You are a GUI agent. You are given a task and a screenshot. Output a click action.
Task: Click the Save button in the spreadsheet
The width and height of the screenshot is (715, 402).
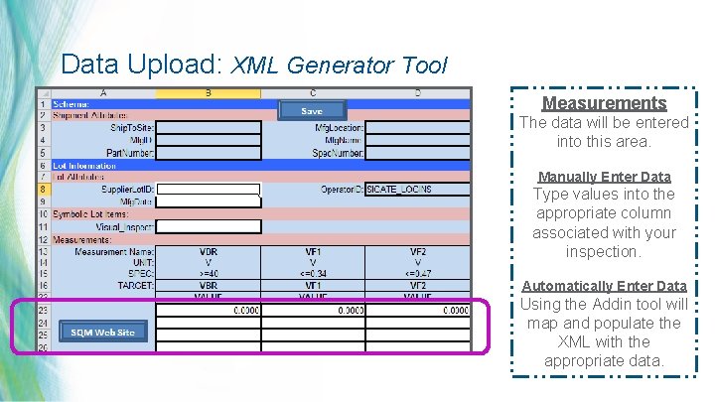(x=312, y=111)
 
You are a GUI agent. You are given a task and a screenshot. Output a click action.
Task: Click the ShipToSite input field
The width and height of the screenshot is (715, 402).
(x=209, y=127)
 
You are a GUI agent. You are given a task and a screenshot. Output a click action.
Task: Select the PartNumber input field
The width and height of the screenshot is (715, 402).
(x=209, y=153)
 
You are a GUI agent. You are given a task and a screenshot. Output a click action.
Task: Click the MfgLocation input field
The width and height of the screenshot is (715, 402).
(x=417, y=127)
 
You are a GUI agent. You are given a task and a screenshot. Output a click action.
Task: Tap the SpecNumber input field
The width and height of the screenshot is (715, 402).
(x=417, y=153)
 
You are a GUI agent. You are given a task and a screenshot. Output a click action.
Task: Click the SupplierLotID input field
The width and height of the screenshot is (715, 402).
(x=209, y=189)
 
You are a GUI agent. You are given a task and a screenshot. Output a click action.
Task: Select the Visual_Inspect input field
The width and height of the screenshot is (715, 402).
(x=209, y=226)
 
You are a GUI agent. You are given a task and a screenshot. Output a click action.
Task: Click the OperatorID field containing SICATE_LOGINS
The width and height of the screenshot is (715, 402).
(x=417, y=189)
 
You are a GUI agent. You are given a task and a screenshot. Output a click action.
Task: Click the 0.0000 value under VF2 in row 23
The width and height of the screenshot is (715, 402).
(x=418, y=312)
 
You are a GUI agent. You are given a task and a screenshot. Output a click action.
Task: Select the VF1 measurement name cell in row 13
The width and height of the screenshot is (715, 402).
(x=313, y=252)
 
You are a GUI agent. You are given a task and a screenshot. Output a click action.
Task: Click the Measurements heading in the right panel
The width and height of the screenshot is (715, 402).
(x=604, y=103)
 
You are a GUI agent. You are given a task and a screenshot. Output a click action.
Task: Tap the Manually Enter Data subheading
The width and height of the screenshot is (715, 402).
(x=604, y=177)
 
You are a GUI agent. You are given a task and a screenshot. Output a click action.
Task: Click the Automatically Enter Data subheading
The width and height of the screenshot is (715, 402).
(x=604, y=286)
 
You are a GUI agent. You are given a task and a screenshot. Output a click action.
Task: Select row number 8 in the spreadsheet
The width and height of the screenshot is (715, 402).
(x=43, y=189)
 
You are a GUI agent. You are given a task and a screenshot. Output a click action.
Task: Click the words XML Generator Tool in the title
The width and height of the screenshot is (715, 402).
(x=340, y=66)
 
